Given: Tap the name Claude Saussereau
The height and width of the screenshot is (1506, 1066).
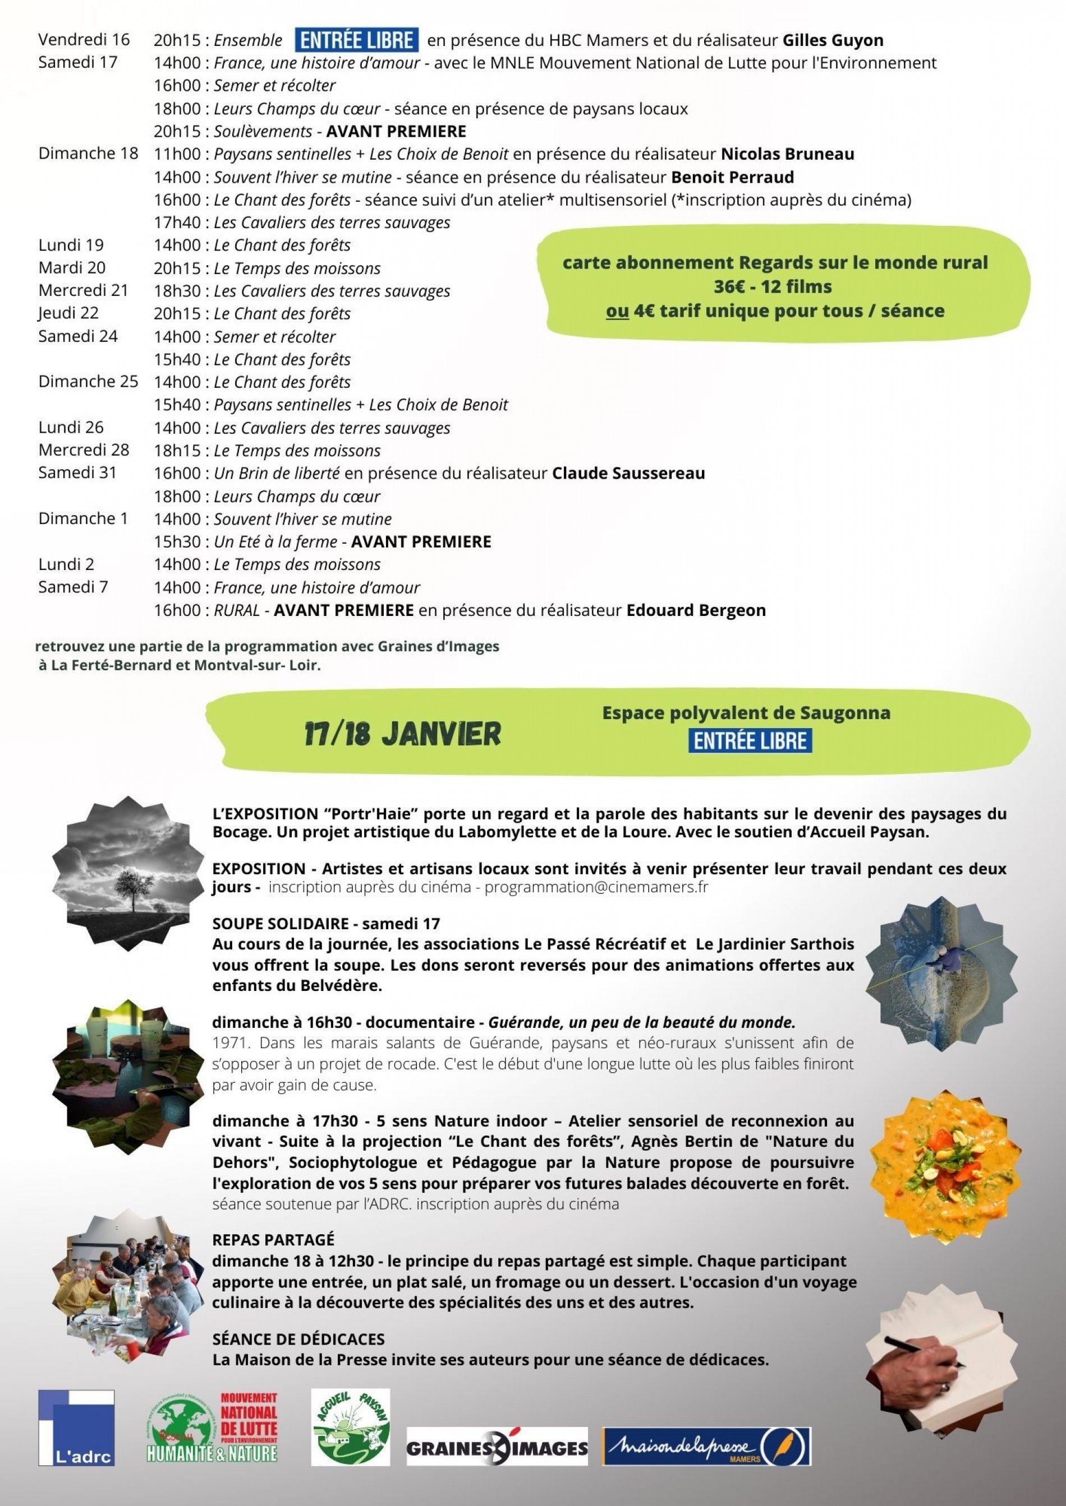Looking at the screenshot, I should [628, 474].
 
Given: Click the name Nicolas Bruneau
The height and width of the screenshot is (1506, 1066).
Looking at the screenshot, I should [787, 154].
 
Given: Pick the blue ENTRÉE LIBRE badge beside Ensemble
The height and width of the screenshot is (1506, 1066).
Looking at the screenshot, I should [356, 40].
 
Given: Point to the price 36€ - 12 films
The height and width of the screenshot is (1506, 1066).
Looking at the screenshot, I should [773, 286].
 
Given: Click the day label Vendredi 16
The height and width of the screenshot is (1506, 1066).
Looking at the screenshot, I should [84, 40].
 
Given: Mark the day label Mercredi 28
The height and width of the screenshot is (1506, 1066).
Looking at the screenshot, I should [84, 450].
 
